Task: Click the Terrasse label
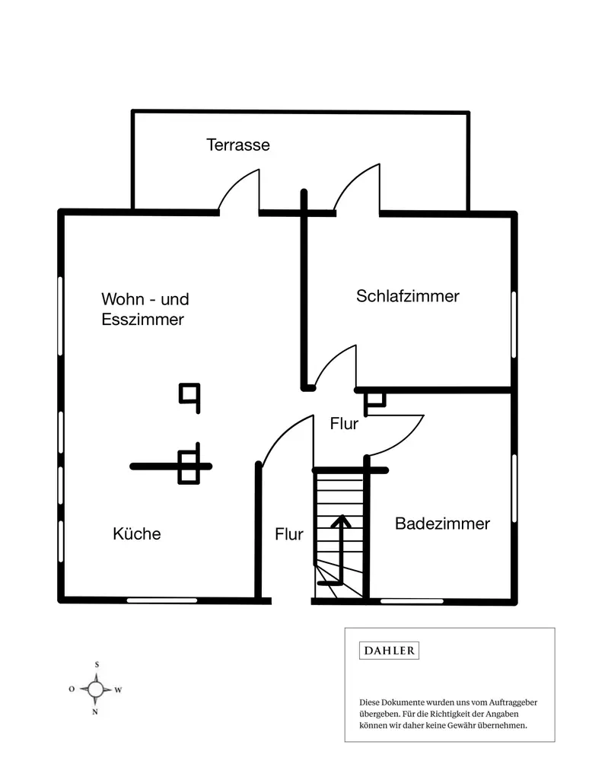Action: [x=238, y=145]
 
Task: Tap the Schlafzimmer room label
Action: [x=408, y=296]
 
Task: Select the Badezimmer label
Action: [x=442, y=524]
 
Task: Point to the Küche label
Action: [x=137, y=533]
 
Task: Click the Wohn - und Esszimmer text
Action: [x=145, y=309]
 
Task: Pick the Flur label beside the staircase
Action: [x=289, y=534]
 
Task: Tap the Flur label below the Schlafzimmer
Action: [x=344, y=424]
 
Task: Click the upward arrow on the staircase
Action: [x=339, y=548]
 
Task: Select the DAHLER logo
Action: [x=389, y=651]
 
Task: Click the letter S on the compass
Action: [x=97, y=664]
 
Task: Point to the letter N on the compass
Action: [x=95, y=712]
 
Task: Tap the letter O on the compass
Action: [x=72, y=689]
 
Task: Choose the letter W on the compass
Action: [x=119, y=689]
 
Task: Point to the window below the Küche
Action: [x=162, y=600]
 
